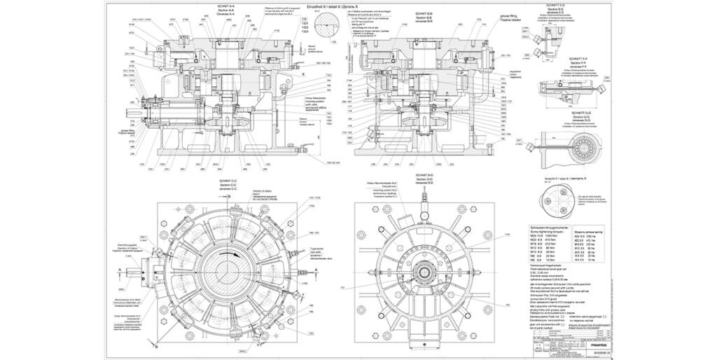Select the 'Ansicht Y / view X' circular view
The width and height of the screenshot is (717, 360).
pyautogui.click(x=564, y=199)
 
